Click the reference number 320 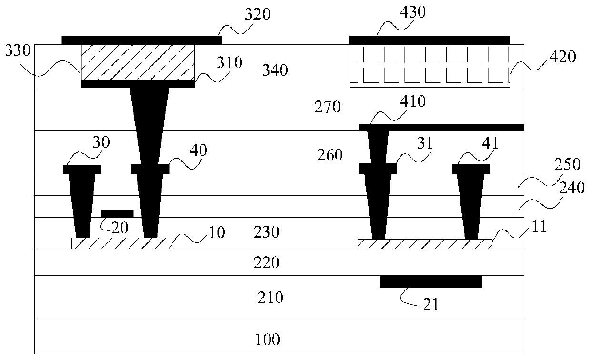pos(258,14)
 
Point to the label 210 pos(270,298)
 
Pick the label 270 pos(328,107)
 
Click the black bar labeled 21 pos(430,281)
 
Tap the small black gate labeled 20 pos(118,213)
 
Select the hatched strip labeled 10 pos(122,243)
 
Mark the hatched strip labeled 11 pos(424,244)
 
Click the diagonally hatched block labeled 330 pos(138,62)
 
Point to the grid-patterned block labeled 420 pos(430,66)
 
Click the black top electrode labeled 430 pos(430,40)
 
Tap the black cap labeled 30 pos(82,169)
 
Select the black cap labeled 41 pos(471,169)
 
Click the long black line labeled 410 pos(441,127)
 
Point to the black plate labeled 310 pos(138,84)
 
